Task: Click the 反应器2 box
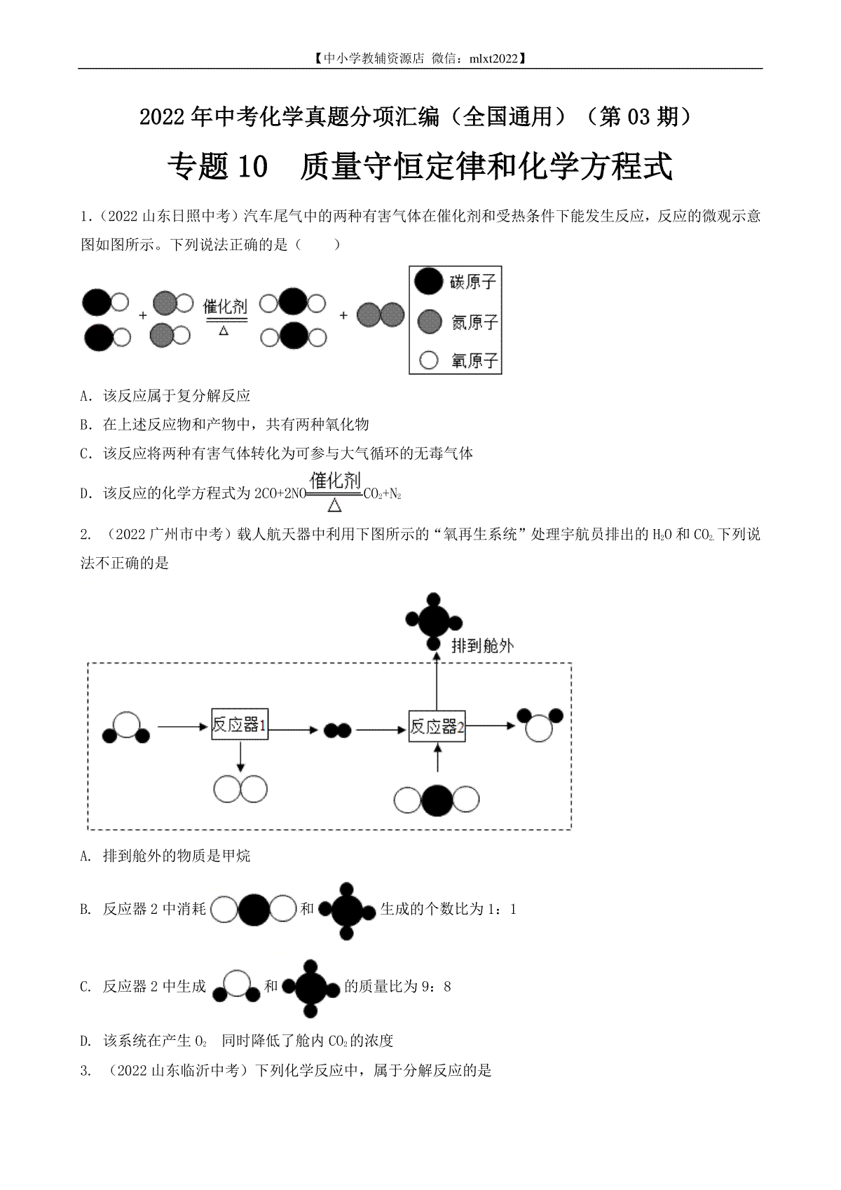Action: (x=437, y=726)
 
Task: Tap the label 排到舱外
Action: (x=482, y=645)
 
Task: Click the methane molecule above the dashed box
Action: (x=434, y=620)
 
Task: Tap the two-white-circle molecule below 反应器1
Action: (x=240, y=788)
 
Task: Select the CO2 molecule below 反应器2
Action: (x=437, y=800)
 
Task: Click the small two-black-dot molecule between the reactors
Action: (x=337, y=730)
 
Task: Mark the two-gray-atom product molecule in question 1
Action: (x=381, y=315)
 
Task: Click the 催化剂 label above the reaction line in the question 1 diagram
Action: (x=224, y=306)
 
